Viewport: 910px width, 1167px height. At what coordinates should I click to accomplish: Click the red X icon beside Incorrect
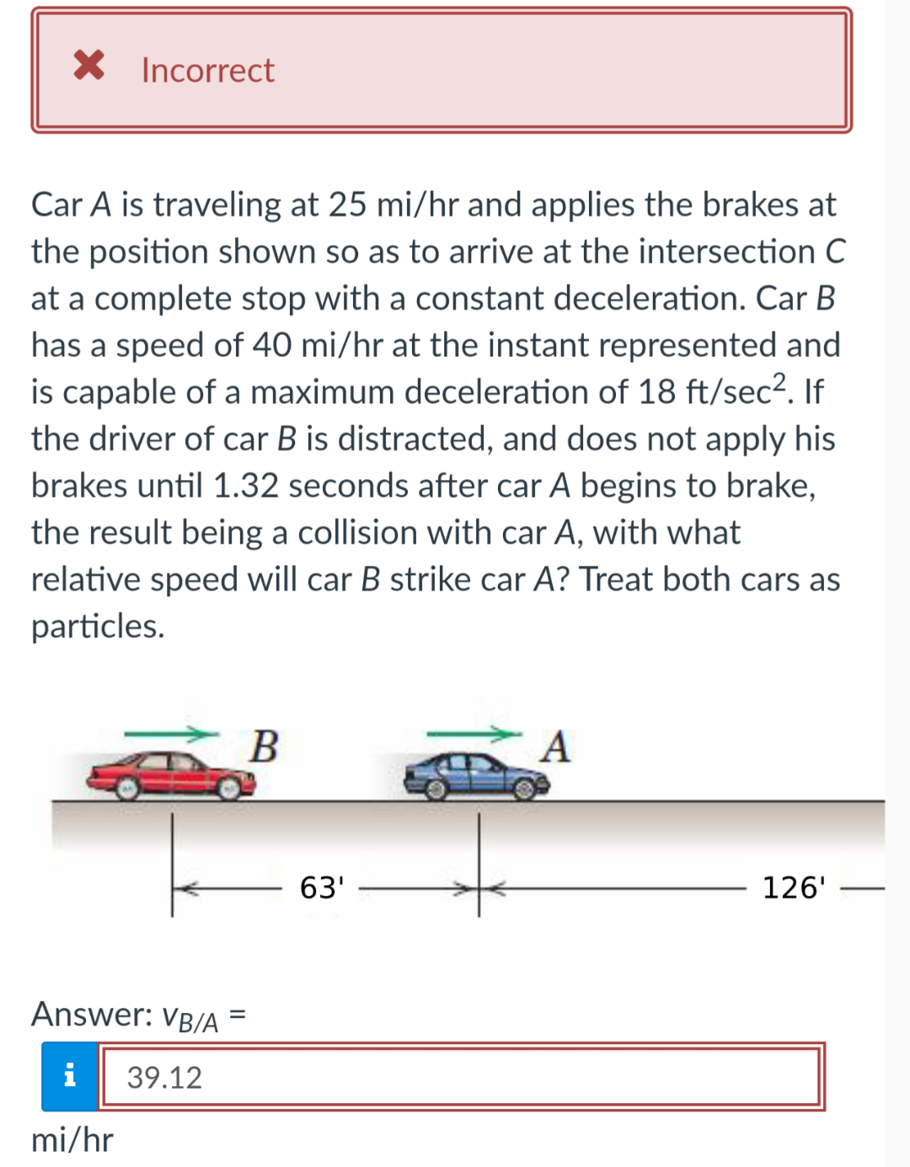coord(88,65)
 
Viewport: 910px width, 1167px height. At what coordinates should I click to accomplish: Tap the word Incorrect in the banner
coord(207,71)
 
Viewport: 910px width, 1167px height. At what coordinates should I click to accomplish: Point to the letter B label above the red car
coord(264,746)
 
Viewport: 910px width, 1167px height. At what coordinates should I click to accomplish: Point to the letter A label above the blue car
coord(555,747)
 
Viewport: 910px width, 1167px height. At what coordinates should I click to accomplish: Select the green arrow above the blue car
coord(474,734)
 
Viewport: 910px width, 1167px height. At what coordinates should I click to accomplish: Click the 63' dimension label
coord(322,887)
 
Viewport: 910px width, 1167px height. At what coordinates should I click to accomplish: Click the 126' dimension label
coord(794,887)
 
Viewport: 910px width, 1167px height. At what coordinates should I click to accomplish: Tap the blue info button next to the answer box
coord(70,1076)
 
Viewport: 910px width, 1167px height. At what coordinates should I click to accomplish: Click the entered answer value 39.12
coord(164,1078)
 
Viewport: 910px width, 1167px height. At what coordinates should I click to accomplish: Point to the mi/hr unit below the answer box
coord(72,1140)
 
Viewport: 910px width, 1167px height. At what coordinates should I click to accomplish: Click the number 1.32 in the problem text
coord(245,486)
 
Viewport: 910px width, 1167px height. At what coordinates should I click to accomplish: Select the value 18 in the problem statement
coord(656,392)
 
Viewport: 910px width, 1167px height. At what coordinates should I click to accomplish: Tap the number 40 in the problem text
coord(271,345)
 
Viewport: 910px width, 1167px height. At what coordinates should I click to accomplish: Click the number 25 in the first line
coord(347,205)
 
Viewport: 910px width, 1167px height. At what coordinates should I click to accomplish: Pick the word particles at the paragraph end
coord(98,626)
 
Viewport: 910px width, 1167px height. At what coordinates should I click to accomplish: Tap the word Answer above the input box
coord(91,1015)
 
